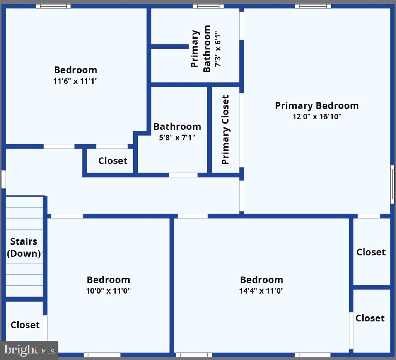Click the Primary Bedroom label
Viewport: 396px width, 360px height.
(x=317, y=106)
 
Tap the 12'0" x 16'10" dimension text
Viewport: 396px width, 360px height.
(x=317, y=117)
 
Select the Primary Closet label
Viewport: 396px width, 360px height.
(x=225, y=130)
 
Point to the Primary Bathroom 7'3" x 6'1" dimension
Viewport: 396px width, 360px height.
(x=218, y=49)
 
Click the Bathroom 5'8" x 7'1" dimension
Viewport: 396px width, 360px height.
(x=177, y=138)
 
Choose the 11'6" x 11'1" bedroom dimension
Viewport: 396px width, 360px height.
(x=75, y=81)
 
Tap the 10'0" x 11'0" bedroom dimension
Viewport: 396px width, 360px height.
(x=108, y=290)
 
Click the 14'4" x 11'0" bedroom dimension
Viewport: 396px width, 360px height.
(x=261, y=290)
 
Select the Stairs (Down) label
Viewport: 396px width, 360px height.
(x=24, y=248)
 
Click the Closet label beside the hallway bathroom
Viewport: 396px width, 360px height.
(x=113, y=161)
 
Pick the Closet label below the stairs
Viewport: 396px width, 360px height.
(x=25, y=325)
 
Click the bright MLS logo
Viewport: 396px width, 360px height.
(x=29, y=350)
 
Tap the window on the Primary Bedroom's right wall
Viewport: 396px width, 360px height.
(x=392, y=184)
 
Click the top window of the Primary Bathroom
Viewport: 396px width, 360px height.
(x=208, y=6)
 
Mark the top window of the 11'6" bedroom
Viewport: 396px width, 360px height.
(x=53, y=6)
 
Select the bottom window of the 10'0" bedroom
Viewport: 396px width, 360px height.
(x=102, y=355)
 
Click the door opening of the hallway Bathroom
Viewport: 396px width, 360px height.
(x=183, y=175)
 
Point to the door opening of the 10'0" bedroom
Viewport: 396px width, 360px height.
(x=67, y=216)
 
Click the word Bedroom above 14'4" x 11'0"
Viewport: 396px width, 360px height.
(x=261, y=280)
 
